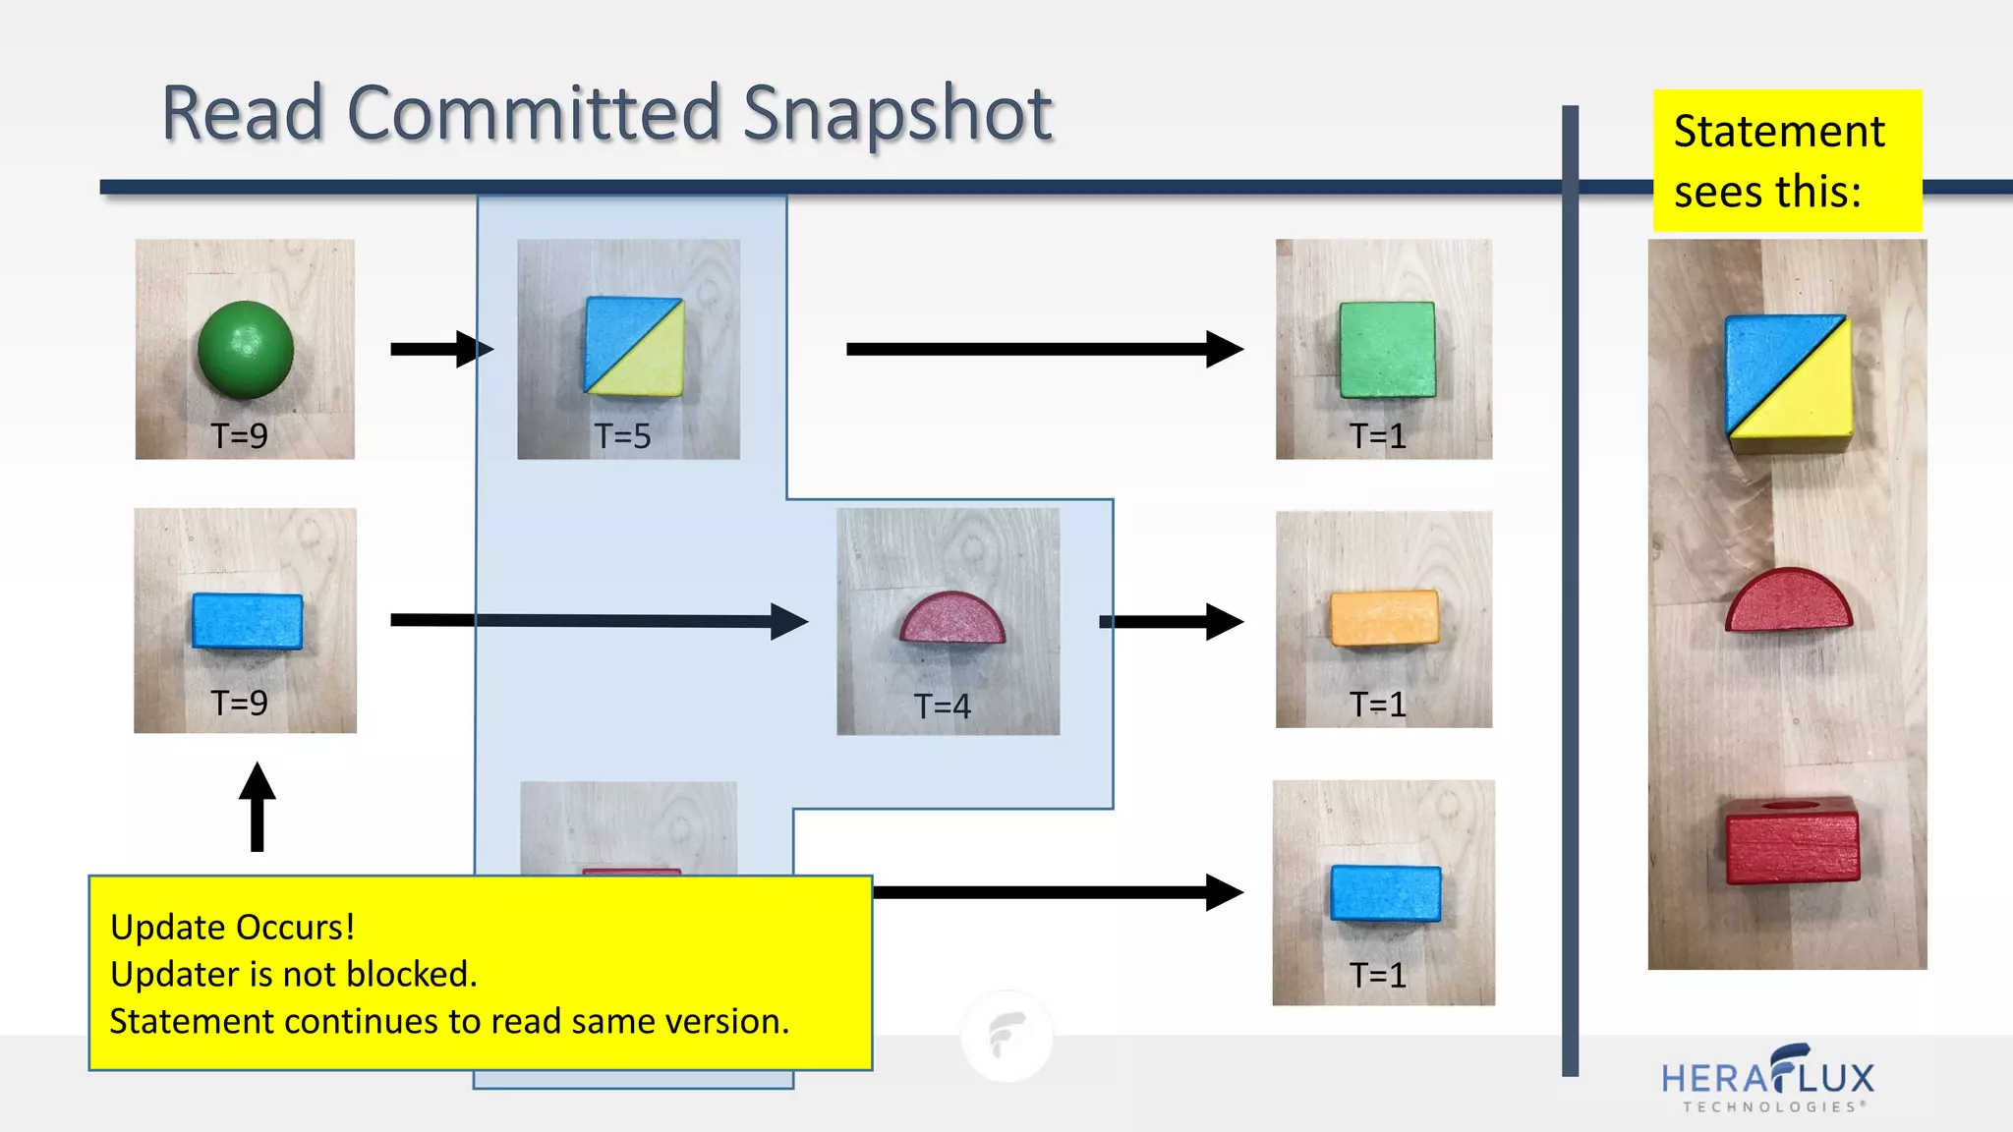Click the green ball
246,349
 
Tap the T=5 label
622,435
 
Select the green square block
1387,349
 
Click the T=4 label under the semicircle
942,706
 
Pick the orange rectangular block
1384,618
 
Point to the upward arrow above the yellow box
258,806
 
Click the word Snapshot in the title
896,114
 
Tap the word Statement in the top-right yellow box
1779,132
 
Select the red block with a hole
1792,840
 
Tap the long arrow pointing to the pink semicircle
599,621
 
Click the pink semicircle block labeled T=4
952,618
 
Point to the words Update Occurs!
232,927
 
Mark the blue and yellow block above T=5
634,346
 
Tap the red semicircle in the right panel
1788,600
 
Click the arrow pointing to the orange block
1171,621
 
